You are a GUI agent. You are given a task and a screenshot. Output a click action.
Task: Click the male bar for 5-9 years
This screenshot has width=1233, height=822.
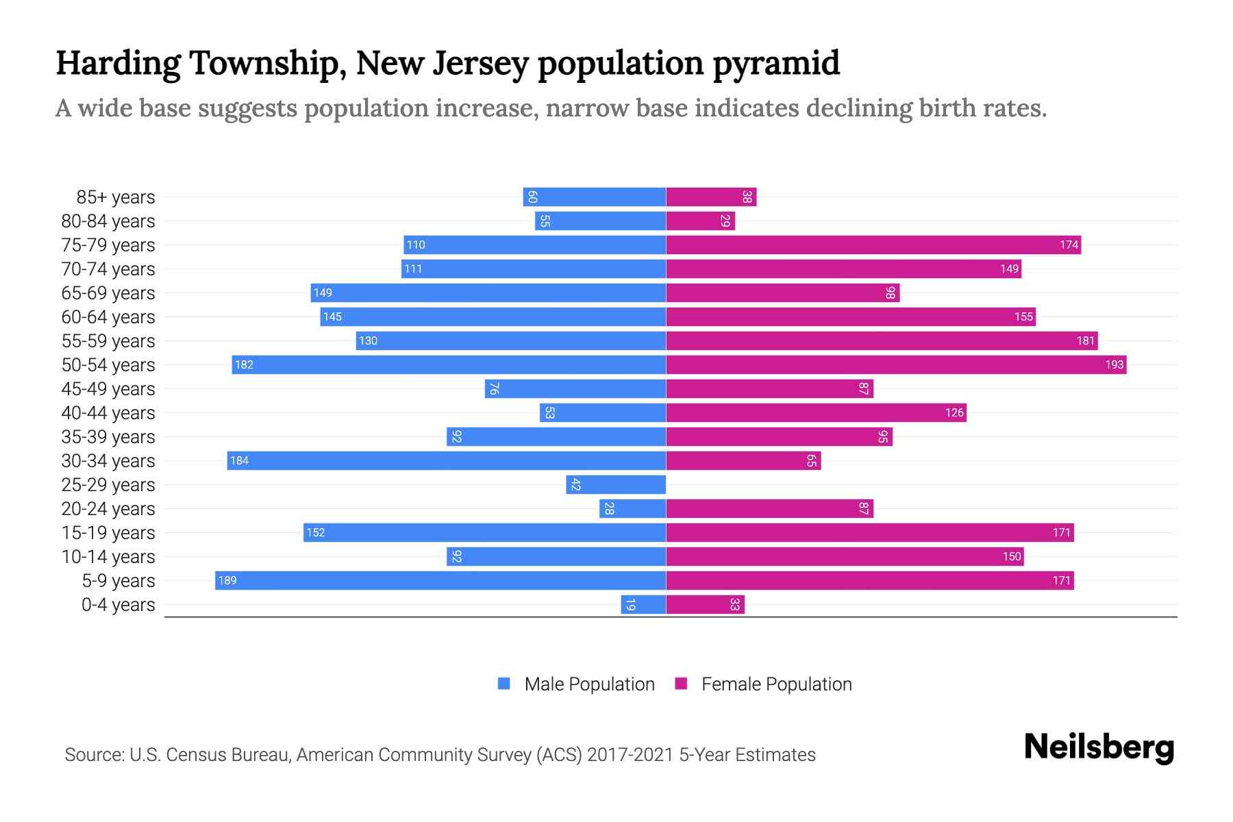[x=440, y=580]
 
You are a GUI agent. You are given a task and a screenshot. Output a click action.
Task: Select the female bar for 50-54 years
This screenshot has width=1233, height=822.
[x=896, y=364]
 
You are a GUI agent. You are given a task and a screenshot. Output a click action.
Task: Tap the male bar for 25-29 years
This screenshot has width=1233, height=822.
[x=616, y=484]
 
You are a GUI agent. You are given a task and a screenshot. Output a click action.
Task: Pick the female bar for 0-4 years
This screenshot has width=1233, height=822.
[x=705, y=604]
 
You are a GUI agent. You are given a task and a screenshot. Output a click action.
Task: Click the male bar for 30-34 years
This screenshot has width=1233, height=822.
[x=447, y=460]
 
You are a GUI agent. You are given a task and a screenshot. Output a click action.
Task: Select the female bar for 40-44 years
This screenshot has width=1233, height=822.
[x=816, y=412]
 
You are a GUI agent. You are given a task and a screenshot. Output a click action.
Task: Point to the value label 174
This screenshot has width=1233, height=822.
[x=1069, y=245]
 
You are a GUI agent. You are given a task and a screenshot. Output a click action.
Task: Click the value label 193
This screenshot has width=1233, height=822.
[x=1114, y=364]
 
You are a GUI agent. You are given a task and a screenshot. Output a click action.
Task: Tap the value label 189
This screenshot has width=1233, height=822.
[x=227, y=580]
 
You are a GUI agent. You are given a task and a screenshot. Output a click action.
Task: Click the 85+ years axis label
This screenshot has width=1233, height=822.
[x=116, y=197]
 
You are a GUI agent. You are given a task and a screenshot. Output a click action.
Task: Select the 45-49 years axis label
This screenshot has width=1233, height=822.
[x=108, y=389]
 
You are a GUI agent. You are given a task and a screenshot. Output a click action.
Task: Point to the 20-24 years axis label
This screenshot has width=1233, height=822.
[x=108, y=509]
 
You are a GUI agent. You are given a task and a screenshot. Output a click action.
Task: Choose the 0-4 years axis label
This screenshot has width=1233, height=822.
[x=118, y=605]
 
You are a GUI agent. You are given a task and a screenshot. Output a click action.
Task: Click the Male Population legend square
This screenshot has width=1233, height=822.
[x=504, y=684]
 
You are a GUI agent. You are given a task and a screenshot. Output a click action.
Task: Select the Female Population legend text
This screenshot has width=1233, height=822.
[x=776, y=684]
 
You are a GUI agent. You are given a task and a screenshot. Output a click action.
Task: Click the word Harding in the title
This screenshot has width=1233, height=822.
[x=117, y=64]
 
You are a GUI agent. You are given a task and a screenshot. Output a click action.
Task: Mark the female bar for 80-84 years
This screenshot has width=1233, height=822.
[x=700, y=221]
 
